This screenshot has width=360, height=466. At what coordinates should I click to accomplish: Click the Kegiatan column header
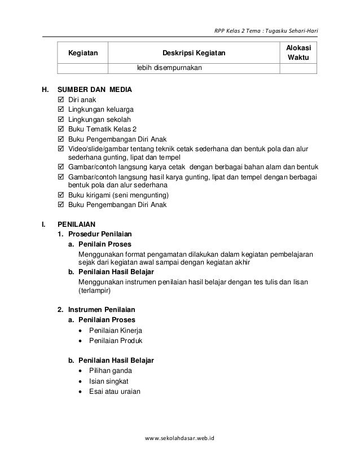82,54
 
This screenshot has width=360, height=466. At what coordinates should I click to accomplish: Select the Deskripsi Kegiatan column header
194,54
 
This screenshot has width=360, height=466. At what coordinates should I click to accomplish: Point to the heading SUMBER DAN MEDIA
95,89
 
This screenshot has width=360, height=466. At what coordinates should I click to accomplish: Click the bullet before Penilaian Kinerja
82,331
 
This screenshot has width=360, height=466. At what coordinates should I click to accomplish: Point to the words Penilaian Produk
116,341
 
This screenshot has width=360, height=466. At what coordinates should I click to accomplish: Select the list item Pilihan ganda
111,371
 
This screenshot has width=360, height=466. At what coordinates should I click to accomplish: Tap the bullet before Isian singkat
82,381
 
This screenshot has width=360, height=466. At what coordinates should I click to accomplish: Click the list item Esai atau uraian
115,392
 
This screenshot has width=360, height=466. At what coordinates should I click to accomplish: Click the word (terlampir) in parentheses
95,292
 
